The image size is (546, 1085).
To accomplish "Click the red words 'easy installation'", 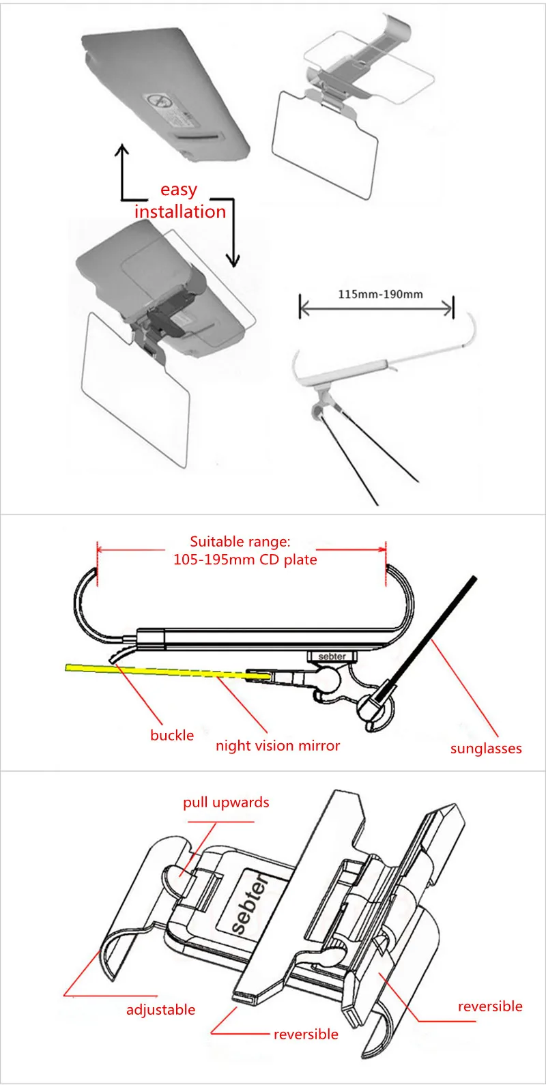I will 179,201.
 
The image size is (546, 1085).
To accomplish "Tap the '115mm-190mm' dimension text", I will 380,295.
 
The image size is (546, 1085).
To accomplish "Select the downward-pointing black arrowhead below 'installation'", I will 233,260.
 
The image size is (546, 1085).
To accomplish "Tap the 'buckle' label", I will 172,735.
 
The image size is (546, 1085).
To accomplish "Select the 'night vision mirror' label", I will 277,746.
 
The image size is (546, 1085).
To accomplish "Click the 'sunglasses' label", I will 486,749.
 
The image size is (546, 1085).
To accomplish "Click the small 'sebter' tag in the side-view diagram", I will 332,656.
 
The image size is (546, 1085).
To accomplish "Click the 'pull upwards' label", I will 226,802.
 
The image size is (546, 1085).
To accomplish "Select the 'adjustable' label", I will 160,1010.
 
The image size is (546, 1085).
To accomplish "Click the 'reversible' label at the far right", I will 490,1007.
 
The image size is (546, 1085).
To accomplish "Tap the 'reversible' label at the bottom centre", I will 306,1035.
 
